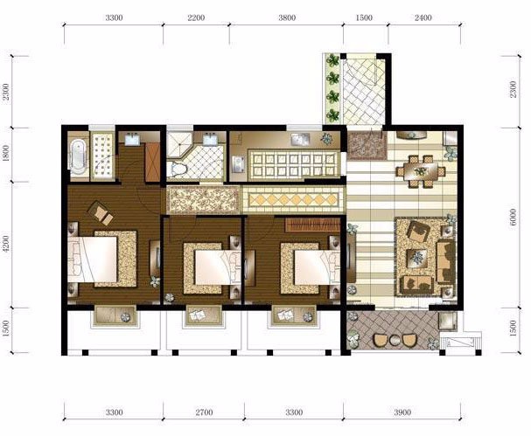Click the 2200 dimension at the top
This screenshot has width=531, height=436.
(x=196, y=17)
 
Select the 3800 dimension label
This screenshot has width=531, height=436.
(x=287, y=17)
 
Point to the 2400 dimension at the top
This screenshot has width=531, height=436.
(x=423, y=17)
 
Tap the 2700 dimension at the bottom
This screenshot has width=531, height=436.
(x=204, y=412)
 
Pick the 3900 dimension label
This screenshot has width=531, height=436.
(x=402, y=412)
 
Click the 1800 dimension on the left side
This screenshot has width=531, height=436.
(x=6, y=154)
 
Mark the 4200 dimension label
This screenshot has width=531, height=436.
(x=6, y=244)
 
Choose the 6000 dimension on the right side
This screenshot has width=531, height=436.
(x=513, y=218)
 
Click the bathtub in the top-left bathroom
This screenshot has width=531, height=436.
(x=78, y=156)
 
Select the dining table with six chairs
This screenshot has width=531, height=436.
(x=421, y=171)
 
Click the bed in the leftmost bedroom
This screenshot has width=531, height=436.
(x=93, y=260)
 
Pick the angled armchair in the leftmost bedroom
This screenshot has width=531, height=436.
(x=100, y=213)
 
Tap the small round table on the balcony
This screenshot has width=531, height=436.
(x=395, y=340)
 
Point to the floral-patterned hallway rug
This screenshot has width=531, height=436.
(x=203, y=200)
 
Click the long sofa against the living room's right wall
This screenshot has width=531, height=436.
(x=445, y=261)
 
